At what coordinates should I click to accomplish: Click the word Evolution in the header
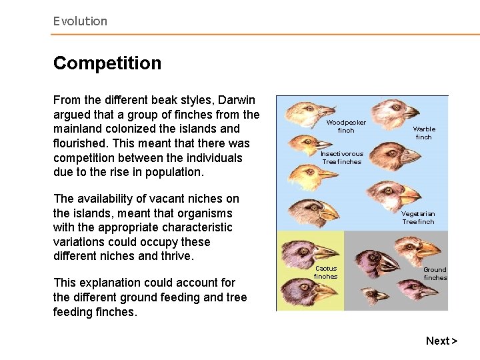click(80, 21)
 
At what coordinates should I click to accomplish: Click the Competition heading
click(107, 63)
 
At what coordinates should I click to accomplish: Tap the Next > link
click(441, 341)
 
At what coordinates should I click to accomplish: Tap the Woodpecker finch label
click(345, 127)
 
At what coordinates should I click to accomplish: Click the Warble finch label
click(424, 133)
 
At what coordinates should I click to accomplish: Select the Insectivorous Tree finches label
click(342, 157)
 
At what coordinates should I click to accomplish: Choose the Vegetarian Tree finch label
click(418, 218)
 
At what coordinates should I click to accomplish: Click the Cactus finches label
click(326, 272)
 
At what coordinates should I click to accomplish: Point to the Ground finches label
click(435, 273)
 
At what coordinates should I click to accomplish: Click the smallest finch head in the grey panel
click(373, 295)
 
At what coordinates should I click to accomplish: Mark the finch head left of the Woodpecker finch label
click(307, 112)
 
